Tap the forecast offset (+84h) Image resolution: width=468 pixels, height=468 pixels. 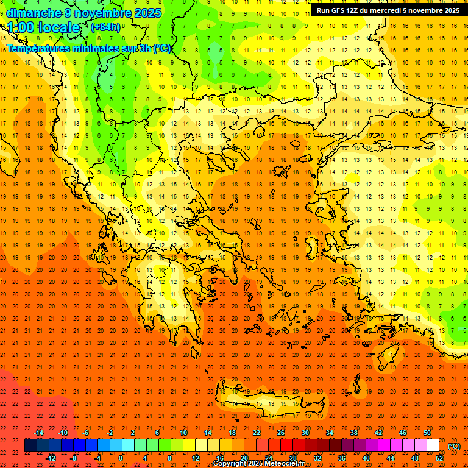click(105, 27)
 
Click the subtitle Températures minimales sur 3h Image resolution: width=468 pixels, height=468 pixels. click(79, 49)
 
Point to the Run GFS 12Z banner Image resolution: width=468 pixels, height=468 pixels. click(388, 10)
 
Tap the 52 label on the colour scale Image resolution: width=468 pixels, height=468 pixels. click(439, 458)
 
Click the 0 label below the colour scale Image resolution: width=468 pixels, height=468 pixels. click(121, 458)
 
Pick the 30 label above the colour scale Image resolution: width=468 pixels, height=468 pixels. click(305, 433)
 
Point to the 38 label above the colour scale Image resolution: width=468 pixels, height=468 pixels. click(354, 433)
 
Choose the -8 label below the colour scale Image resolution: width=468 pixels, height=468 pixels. click(73, 458)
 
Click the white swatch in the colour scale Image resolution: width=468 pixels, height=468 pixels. click(433, 445)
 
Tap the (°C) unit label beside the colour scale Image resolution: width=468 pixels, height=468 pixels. click(454, 445)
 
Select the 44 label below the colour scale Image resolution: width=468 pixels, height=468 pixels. click(391, 458)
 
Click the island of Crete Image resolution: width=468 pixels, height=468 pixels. click(274, 403)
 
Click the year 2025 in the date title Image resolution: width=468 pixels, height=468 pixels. click(145, 13)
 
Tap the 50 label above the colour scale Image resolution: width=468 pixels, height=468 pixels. click(427, 433)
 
